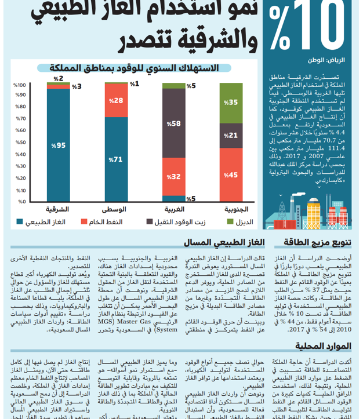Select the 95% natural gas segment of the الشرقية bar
pyautogui.click(x=59, y=145)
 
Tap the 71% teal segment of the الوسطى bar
pyautogui.click(x=116, y=159)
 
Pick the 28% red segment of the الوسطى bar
pyautogui.click(x=116, y=101)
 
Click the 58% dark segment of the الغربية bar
pyautogui.click(x=173, y=123)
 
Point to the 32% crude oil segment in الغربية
pyautogui.click(x=173, y=176)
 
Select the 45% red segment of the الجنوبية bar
pyautogui.click(x=231, y=174)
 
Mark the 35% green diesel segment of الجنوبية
pyautogui.click(x=231, y=103)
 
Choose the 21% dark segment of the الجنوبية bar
pyautogui.click(x=231, y=135)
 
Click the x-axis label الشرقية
pyautogui.click(x=57, y=209)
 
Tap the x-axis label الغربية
pyautogui.click(x=173, y=209)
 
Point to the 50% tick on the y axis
pyautogui.click(x=21, y=143)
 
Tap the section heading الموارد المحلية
pyautogui.click(x=324, y=347)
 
